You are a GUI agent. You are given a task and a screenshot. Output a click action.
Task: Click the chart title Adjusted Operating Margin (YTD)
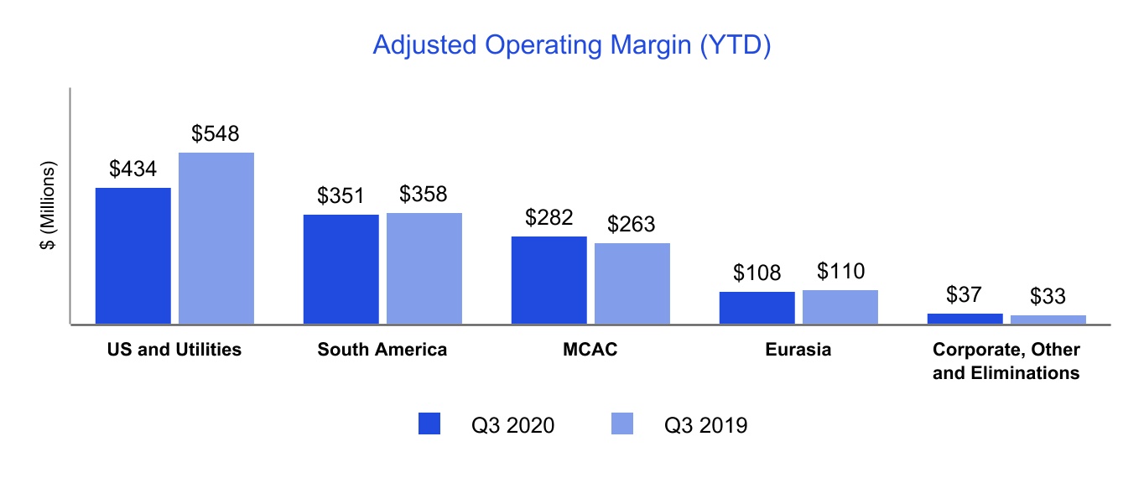click(x=571, y=45)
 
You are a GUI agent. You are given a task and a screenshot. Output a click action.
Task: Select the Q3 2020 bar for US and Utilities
click(x=133, y=255)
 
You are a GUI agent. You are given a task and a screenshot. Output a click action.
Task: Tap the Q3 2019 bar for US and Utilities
click(x=216, y=237)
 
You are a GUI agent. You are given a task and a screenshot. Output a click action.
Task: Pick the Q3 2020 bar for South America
click(x=341, y=268)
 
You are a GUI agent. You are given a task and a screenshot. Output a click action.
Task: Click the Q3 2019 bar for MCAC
click(x=632, y=283)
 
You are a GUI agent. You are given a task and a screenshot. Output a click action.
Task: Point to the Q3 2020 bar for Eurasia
click(x=757, y=307)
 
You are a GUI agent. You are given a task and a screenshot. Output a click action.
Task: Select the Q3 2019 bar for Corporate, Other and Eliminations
click(x=1048, y=319)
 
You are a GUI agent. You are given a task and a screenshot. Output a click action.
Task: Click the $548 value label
click(x=216, y=133)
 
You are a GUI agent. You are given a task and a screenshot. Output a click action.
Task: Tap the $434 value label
click(x=133, y=169)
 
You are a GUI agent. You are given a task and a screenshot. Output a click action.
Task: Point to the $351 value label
click(x=341, y=196)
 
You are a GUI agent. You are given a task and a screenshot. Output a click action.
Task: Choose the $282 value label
click(x=549, y=218)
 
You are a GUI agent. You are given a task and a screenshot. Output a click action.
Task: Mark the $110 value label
click(x=840, y=272)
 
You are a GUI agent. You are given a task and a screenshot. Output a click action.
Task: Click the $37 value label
click(x=965, y=295)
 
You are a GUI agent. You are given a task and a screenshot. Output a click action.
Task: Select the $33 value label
click(x=1048, y=297)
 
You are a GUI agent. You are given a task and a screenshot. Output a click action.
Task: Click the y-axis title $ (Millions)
click(x=49, y=205)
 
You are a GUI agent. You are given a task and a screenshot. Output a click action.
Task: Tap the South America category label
click(x=382, y=350)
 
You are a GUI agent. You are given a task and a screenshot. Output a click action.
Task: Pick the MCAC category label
click(x=590, y=350)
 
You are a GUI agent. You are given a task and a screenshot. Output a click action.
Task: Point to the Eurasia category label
click(x=798, y=350)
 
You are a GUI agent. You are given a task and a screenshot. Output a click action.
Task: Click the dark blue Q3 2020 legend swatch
click(x=429, y=424)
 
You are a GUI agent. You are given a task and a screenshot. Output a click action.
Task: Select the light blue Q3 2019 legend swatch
click(x=622, y=424)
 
